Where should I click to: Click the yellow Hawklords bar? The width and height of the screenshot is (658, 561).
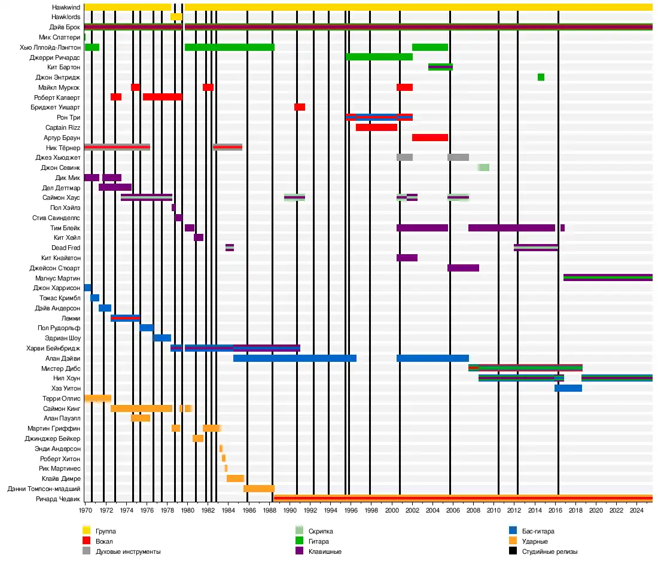tap(176, 17)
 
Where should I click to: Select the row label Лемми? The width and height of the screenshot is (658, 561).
tap(71, 318)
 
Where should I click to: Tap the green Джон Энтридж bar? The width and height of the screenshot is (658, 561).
tap(541, 77)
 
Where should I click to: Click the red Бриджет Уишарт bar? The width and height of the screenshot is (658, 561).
tap(300, 107)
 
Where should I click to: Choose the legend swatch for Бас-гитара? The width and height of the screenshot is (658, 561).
tap(513, 530)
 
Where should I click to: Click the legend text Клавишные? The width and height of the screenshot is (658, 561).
tap(325, 551)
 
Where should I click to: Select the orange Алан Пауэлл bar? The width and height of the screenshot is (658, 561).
tap(141, 418)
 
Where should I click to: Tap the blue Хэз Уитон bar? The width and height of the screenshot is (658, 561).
tap(568, 388)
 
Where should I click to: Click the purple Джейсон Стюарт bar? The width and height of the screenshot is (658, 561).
tap(463, 268)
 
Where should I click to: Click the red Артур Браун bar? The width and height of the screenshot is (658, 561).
tap(430, 138)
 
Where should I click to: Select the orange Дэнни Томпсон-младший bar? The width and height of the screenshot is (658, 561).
tap(259, 489)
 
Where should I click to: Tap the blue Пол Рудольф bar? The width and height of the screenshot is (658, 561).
tap(147, 328)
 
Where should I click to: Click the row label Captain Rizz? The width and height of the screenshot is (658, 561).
tap(63, 127)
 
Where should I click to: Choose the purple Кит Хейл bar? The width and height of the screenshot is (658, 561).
tap(199, 237)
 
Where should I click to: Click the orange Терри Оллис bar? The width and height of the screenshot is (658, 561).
tap(98, 398)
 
